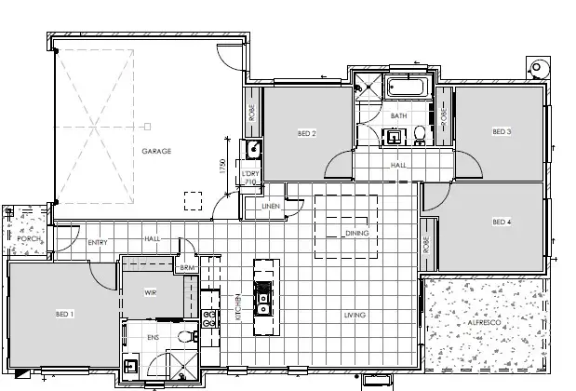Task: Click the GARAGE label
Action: coord(156,151)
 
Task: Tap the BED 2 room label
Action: coord(307,133)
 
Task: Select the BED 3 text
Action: coord(502,131)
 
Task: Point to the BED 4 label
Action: coord(502,222)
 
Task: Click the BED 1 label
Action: coord(65,313)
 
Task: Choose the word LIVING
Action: coord(355,316)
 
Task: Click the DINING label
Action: coord(356,233)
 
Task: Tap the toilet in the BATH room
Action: coord(421,136)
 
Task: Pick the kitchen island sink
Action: coord(262,303)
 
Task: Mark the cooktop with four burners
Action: coord(209,320)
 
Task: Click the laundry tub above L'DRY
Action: coord(250,148)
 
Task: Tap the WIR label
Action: coord(150,292)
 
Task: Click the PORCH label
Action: coord(28,238)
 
